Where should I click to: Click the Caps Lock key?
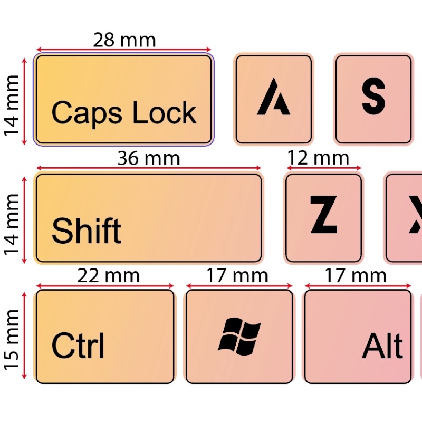tap(123, 99)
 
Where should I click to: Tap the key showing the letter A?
tap(273, 99)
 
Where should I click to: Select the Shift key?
tap(148, 218)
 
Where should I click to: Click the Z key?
tap(323, 218)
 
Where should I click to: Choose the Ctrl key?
tap(104, 337)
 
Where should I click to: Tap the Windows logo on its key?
tap(239, 337)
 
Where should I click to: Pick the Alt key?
tap(358, 337)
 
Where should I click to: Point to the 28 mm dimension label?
tap(124, 40)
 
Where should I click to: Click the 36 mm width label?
tap(148, 158)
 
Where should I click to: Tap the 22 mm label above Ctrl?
tap(108, 275)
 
